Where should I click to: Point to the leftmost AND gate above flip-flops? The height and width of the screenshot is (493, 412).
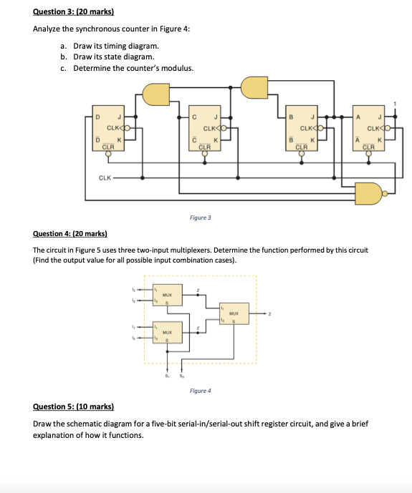pyautogui.click(x=156, y=92)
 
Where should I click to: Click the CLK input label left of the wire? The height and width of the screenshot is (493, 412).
pyautogui.click(x=105, y=177)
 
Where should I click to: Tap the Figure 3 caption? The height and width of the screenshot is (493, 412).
pyautogui.click(x=200, y=216)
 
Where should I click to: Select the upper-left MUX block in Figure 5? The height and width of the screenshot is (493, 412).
pyautogui.click(x=167, y=296)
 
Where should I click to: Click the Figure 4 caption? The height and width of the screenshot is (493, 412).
pyautogui.click(x=200, y=391)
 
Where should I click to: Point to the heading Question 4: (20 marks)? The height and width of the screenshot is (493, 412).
pyautogui.click(x=70, y=234)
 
